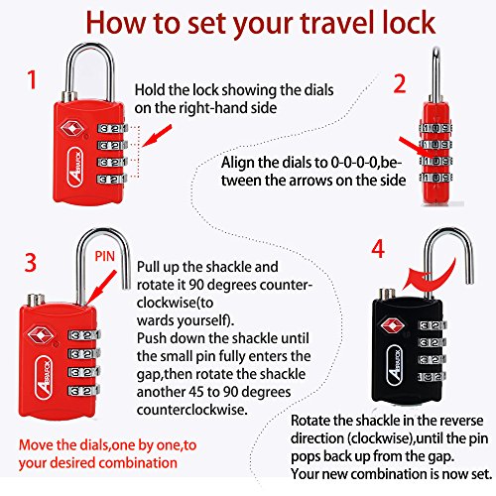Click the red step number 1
click(32, 79)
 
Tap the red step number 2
click(400, 83)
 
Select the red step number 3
click(31, 263)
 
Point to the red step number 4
click(378, 249)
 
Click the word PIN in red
click(104, 256)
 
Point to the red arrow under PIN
click(100, 286)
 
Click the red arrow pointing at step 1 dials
click(157, 136)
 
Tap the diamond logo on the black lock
click(392, 326)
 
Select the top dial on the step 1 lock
click(112, 128)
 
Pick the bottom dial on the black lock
click(432, 376)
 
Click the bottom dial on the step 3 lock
click(83, 391)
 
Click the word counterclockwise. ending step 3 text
click(192, 410)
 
